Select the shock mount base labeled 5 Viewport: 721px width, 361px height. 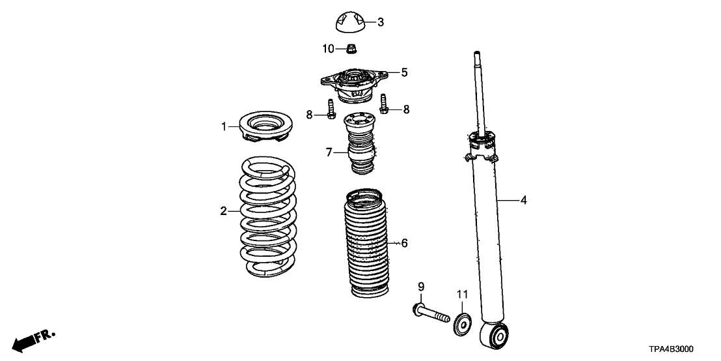pyautogui.click(x=353, y=85)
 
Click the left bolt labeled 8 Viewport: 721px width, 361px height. pyautogui.click(x=331, y=109)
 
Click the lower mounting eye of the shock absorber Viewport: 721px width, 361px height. pyautogui.click(x=498, y=336)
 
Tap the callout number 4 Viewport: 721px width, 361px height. pyautogui.click(x=523, y=201)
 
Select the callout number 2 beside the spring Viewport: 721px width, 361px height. pyautogui.click(x=223, y=211)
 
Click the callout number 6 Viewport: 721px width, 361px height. pyautogui.click(x=404, y=243)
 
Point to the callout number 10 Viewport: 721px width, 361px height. pyautogui.click(x=329, y=48)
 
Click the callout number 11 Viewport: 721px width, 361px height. pyautogui.click(x=461, y=295)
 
